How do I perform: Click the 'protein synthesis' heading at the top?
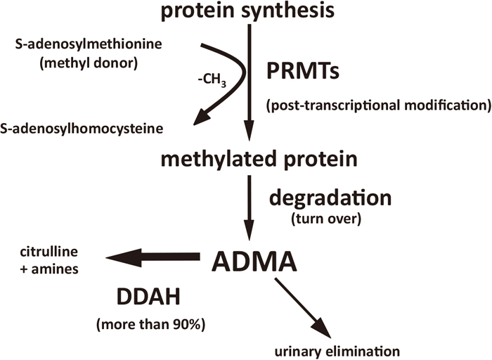point(247,11)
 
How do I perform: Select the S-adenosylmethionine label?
point(89,44)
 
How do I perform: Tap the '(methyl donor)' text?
point(89,63)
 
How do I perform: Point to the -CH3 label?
point(212,80)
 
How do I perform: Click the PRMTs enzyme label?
point(303,71)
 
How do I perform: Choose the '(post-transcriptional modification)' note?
point(379,105)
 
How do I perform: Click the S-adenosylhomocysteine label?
point(82,129)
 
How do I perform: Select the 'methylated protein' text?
point(259,159)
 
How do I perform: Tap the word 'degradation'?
point(330,198)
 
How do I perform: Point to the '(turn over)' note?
point(326,219)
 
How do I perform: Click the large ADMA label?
point(254,262)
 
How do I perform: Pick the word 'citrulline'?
point(48,252)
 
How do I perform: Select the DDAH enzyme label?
point(148,297)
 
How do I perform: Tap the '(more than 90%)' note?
point(150,325)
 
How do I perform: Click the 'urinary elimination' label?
point(337,352)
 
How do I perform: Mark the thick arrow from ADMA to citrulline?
point(153,257)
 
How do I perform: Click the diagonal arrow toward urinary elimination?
point(303,308)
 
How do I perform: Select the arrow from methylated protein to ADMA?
point(250,208)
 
